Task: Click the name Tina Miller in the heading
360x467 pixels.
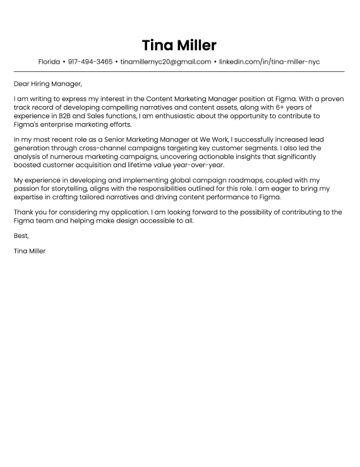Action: click(x=179, y=45)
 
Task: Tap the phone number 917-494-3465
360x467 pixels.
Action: click(x=90, y=62)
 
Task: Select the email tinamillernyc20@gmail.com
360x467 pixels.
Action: click(x=165, y=62)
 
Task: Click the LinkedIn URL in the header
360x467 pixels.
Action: click(x=270, y=62)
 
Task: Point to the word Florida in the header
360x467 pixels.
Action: click(x=49, y=62)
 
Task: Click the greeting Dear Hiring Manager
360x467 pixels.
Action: click(x=48, y=83)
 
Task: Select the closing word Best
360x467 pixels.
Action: click(x=21, y=236)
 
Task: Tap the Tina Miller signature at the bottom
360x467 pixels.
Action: click(x=30, y=251)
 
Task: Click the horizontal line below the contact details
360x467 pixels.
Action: click(x=179, y=71)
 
